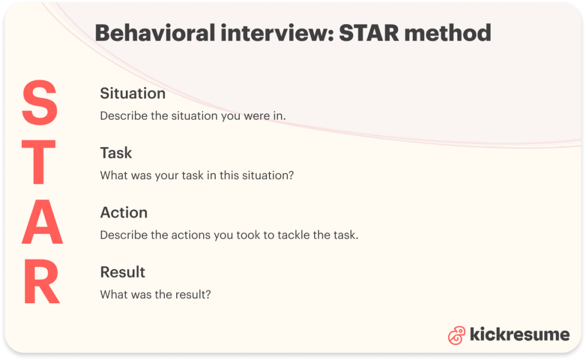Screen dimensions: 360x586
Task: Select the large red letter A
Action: [x=42, y=224]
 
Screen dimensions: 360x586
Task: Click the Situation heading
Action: [x=133, y=93]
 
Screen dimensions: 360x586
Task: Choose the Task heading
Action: [x=116, y=153]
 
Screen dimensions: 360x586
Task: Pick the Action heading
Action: [x=124, y=212]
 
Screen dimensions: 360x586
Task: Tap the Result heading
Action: [x=122, y=272]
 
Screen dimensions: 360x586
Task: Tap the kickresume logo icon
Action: [x=457, y=335]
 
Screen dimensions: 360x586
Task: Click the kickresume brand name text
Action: [x=519, y=334]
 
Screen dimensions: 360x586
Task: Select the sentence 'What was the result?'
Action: [x=156, y=294]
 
